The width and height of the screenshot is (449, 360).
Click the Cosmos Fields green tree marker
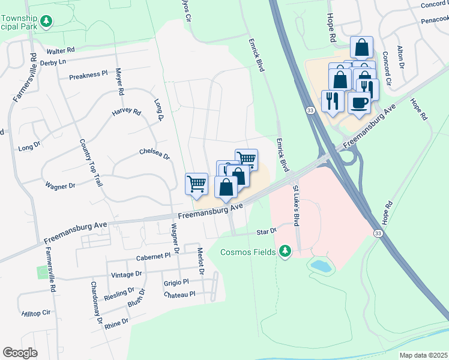286,251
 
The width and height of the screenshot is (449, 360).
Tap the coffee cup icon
359,103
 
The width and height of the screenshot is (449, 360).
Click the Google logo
20,353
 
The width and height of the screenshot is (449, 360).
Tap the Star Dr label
266,230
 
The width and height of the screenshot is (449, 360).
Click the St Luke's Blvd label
295,206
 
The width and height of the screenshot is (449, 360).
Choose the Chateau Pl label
179,295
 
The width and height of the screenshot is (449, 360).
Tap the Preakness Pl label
88,75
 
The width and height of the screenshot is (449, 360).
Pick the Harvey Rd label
125,112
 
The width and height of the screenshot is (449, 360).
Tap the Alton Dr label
401,56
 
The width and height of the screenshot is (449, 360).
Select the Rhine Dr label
116,322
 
